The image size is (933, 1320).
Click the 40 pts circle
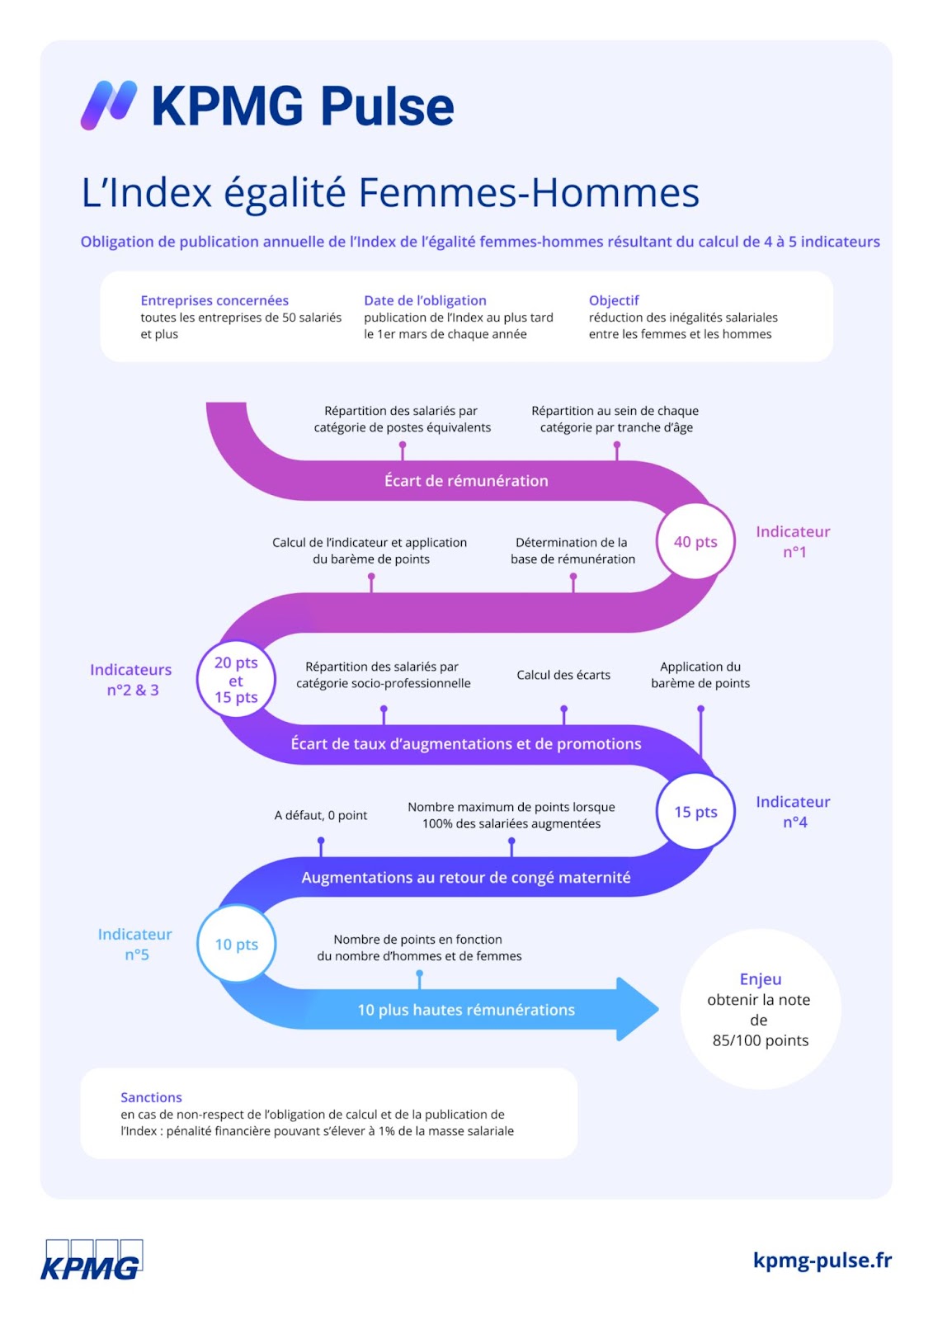[695, 541]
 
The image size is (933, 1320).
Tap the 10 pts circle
[237, 944]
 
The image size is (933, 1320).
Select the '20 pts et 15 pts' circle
[237, 679]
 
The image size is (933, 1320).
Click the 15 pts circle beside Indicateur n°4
[695, 812]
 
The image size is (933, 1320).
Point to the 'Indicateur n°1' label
[793, 541]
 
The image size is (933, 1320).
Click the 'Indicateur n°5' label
[135, 944]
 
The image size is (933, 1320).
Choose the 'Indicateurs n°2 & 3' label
[131, 680]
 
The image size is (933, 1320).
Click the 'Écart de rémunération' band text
[466, 480]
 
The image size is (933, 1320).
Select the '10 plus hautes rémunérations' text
[466, 1010]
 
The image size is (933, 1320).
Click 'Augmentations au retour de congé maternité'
[466, 878]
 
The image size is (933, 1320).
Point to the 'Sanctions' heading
[152, 1097]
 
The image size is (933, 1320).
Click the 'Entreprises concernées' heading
[214, 300]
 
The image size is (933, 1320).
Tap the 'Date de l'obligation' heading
[425, 300]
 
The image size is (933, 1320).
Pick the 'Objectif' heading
[614, 300]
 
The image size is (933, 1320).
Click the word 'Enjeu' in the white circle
[761, 978]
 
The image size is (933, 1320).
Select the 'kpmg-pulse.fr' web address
[822, 1260]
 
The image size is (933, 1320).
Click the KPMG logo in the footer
[92, 1259]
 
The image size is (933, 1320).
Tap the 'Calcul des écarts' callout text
[563, 675]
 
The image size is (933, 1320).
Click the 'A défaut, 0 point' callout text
[321, 815]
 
